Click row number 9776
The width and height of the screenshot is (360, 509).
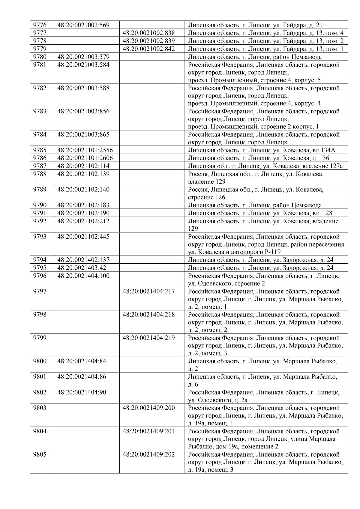(x=40, y=25)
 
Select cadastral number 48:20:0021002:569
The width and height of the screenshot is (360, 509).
(x=83, y=25)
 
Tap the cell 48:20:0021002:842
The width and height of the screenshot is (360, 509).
(x=149, y=49)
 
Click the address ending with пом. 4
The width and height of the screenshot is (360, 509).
(x=265, y=33)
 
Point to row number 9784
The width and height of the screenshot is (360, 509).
(x=40, y=134)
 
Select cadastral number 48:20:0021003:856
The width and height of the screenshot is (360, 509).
(x=83, y=111)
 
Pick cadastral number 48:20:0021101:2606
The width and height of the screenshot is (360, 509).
(x=85, y=158)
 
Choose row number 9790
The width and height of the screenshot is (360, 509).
(x=40, y=205)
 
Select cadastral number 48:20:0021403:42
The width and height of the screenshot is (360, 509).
(x=82, y=268)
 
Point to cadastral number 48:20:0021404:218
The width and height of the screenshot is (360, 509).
(x=149, y=315)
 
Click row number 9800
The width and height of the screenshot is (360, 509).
(x=40, y=361)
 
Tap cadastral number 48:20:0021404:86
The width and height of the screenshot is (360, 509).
(x=82, y=377)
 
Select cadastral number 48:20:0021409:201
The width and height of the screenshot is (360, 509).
(x=149, y=431)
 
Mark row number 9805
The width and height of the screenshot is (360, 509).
(x=40, y=454)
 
